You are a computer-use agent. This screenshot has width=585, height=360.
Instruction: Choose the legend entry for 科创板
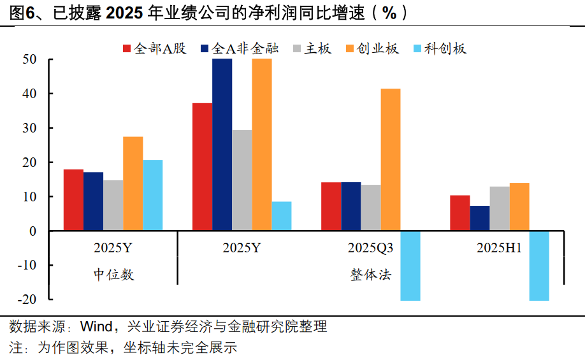coord(440,48)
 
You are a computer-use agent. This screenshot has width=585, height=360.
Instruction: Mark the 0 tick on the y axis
coord(33,231)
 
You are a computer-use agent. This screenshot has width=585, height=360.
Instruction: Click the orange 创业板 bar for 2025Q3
coord(391,159)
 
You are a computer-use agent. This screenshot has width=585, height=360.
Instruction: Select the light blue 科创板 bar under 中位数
coord(152,195)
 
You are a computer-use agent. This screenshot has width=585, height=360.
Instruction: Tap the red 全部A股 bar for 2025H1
coord(459,213)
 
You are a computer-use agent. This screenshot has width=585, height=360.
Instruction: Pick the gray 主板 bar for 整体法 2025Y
coord(242,180)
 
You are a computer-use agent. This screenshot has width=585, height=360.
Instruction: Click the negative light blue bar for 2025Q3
coord(410,265)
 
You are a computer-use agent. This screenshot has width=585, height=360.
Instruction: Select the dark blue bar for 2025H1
coord(480,218)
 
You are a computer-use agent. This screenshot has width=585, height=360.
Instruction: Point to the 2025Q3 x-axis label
coord(370,248)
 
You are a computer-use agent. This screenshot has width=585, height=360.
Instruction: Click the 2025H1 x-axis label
coord(499,248)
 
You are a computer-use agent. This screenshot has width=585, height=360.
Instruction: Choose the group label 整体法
coord(370,275)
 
